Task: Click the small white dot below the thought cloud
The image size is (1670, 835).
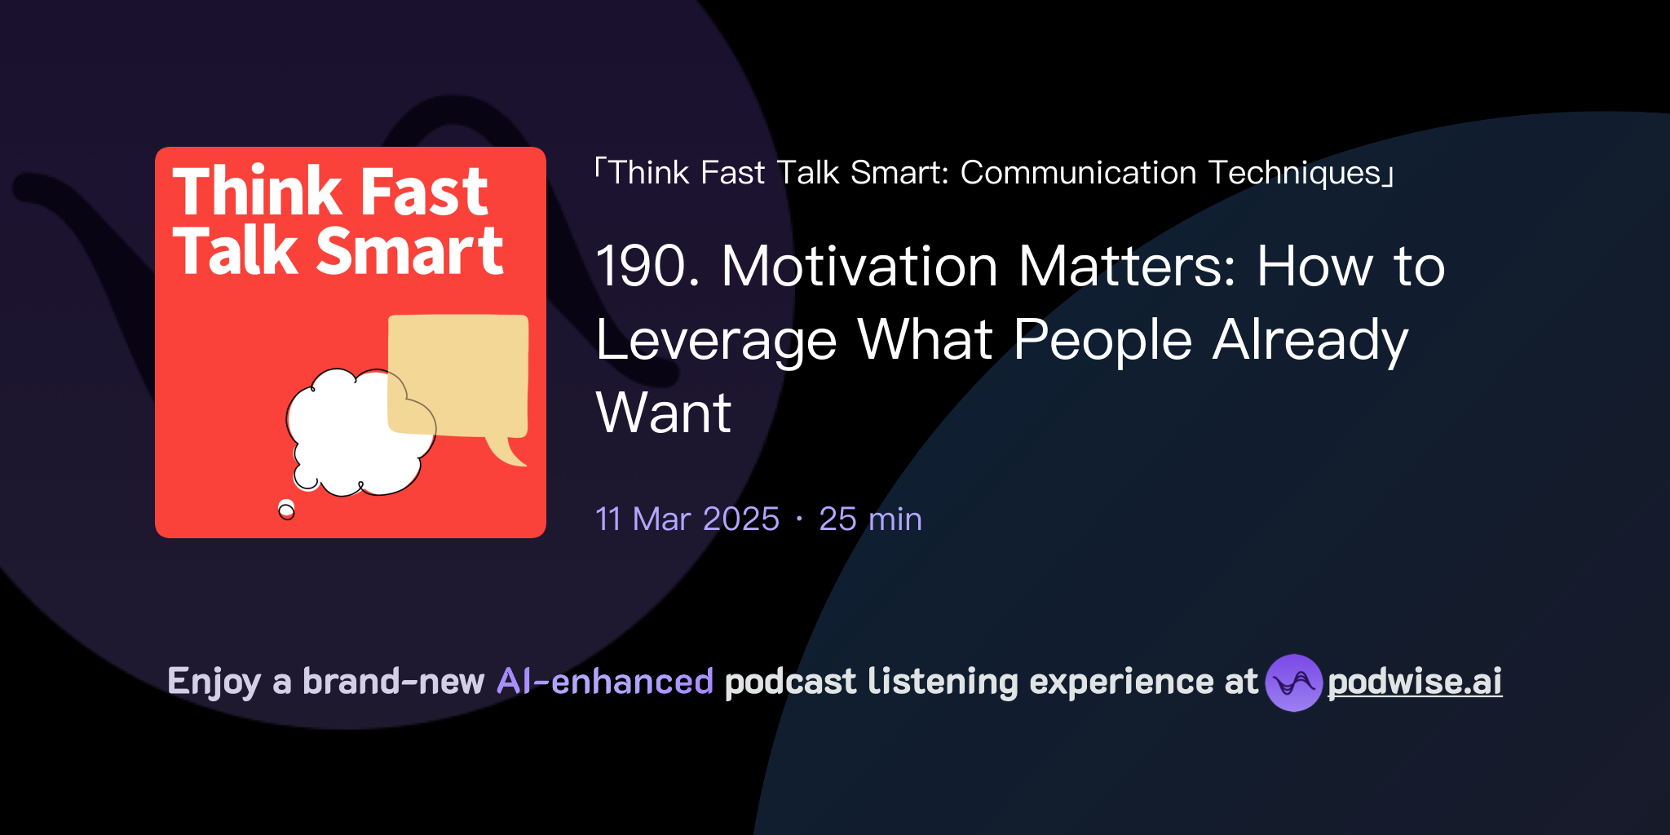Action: pyautogui.click(x=286, y=510)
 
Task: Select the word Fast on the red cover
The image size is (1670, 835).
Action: pyautogui.click(x=424, y=192)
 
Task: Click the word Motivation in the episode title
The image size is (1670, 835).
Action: pyautogui.click(x=859, y=267)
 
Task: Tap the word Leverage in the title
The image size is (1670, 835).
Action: pyautogui.click(x=716, y=340)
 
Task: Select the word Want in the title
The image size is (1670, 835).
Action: pyautogui.click(x=664, y=413)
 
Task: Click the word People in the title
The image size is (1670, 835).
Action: pyautogui.click(x=1102, y=340)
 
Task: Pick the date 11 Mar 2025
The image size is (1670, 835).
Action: pyautogui.click(x=687, y=519)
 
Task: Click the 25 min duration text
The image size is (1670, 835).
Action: pyautogui.click(x=870, y=519)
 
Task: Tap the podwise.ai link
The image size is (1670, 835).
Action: pyautogui.click(x=1415, y=682)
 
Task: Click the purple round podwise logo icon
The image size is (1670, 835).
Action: pyautogui.click(x=1293, y=683)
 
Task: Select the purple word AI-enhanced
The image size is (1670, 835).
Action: pyautogui.click(x=605, y=682)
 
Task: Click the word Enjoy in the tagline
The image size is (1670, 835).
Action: pyautogui.click(x=214, y=682)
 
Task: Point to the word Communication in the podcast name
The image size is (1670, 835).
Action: pyautogui.click(x=1078, y=173)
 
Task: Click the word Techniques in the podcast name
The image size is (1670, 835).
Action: pyautogui.click(x=1295, y=173)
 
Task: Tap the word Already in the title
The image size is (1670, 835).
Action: pyautogui.click(x=1310, y=340)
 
